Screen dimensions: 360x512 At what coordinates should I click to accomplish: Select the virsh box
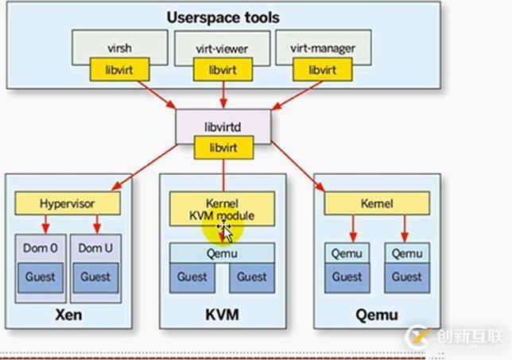point(119,47)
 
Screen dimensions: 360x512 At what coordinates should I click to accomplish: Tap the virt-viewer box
point(223,47)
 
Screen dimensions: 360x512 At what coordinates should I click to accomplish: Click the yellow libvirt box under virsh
point(119,70)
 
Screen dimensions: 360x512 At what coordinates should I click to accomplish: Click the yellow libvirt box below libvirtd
point(223,146)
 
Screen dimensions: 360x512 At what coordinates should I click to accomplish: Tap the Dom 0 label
point(39,247)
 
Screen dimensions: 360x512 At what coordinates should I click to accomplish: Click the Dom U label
point(95,247)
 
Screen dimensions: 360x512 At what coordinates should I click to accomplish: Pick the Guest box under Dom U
point(95,277)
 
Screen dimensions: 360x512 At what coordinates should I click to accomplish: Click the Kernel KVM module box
point(222,208)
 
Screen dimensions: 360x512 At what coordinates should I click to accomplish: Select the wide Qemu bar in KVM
point(223,254)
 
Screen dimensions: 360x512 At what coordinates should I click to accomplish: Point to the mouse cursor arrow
point(225,231)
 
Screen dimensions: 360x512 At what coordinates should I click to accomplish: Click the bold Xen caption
point(67,316)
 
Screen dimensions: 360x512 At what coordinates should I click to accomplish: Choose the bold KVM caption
point(223,316)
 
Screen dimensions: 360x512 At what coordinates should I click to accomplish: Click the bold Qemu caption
point(377,316)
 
